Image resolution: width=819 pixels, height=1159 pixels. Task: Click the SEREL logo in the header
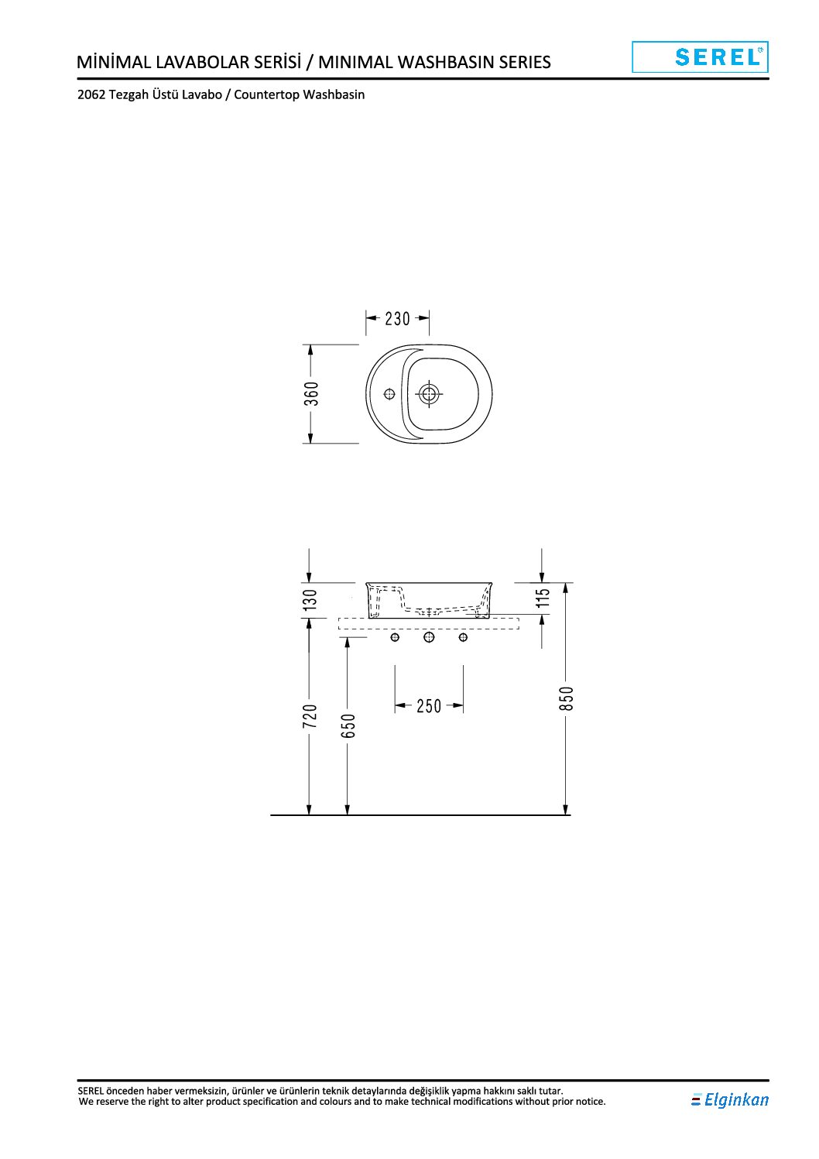coord(700,57)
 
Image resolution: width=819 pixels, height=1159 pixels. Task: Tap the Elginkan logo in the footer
coord(730,1099)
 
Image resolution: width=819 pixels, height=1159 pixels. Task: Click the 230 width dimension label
coord(397,319)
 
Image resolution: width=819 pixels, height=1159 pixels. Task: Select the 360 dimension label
coord(311,394)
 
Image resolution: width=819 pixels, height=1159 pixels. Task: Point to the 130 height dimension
coord(310,600)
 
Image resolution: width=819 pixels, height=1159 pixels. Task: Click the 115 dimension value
coord(542,598)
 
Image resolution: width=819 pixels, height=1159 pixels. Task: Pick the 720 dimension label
coord(310,716)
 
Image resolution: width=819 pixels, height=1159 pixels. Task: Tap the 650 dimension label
coord(348,726)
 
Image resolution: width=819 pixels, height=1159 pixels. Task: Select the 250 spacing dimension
coord(429,706)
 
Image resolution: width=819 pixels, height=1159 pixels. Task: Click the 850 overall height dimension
coord(567,698)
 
